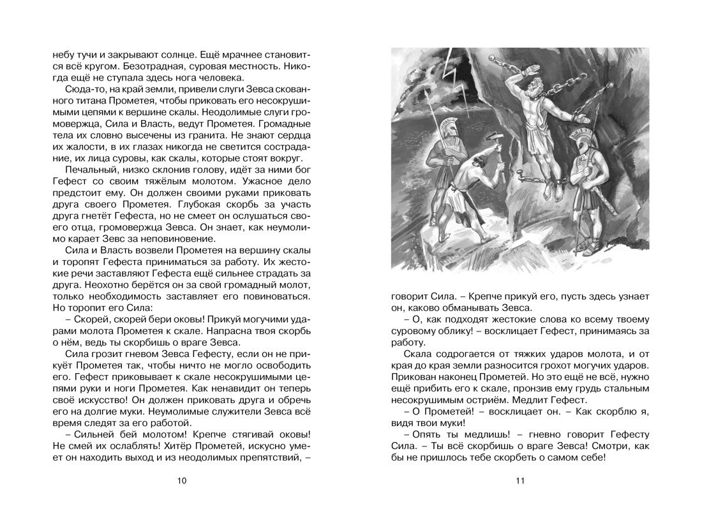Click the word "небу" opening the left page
pyautogui.click(x=64, y=54)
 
